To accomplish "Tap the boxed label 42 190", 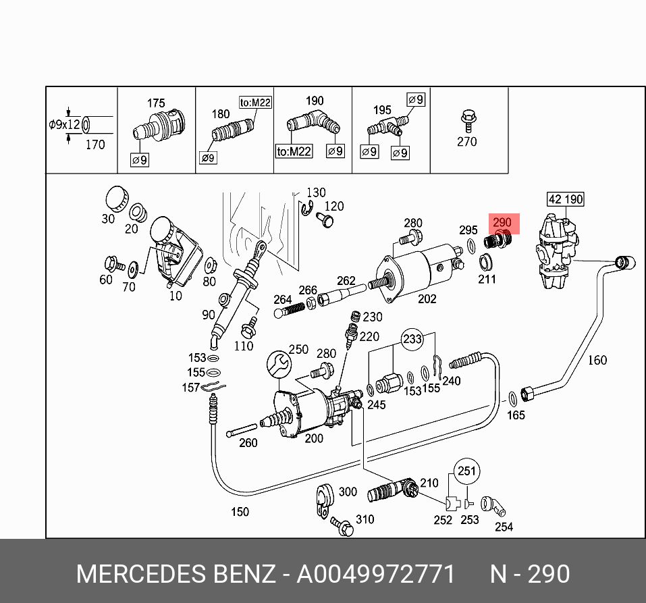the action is click(x=564, y=199).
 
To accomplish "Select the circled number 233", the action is click(x=412, y=338).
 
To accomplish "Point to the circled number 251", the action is click(x=466, y=471).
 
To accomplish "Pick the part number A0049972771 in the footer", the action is click(x=376, y=575).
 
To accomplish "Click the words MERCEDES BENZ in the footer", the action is click(x=176, y=575).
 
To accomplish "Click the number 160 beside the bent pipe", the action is click(x=597, y=360).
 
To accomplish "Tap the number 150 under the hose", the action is click(x=240, y=512).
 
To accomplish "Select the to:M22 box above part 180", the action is click(x=255, y=103).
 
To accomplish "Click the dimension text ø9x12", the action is click(x=64, y=125).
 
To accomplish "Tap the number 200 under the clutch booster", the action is click(x=314, y=438).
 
